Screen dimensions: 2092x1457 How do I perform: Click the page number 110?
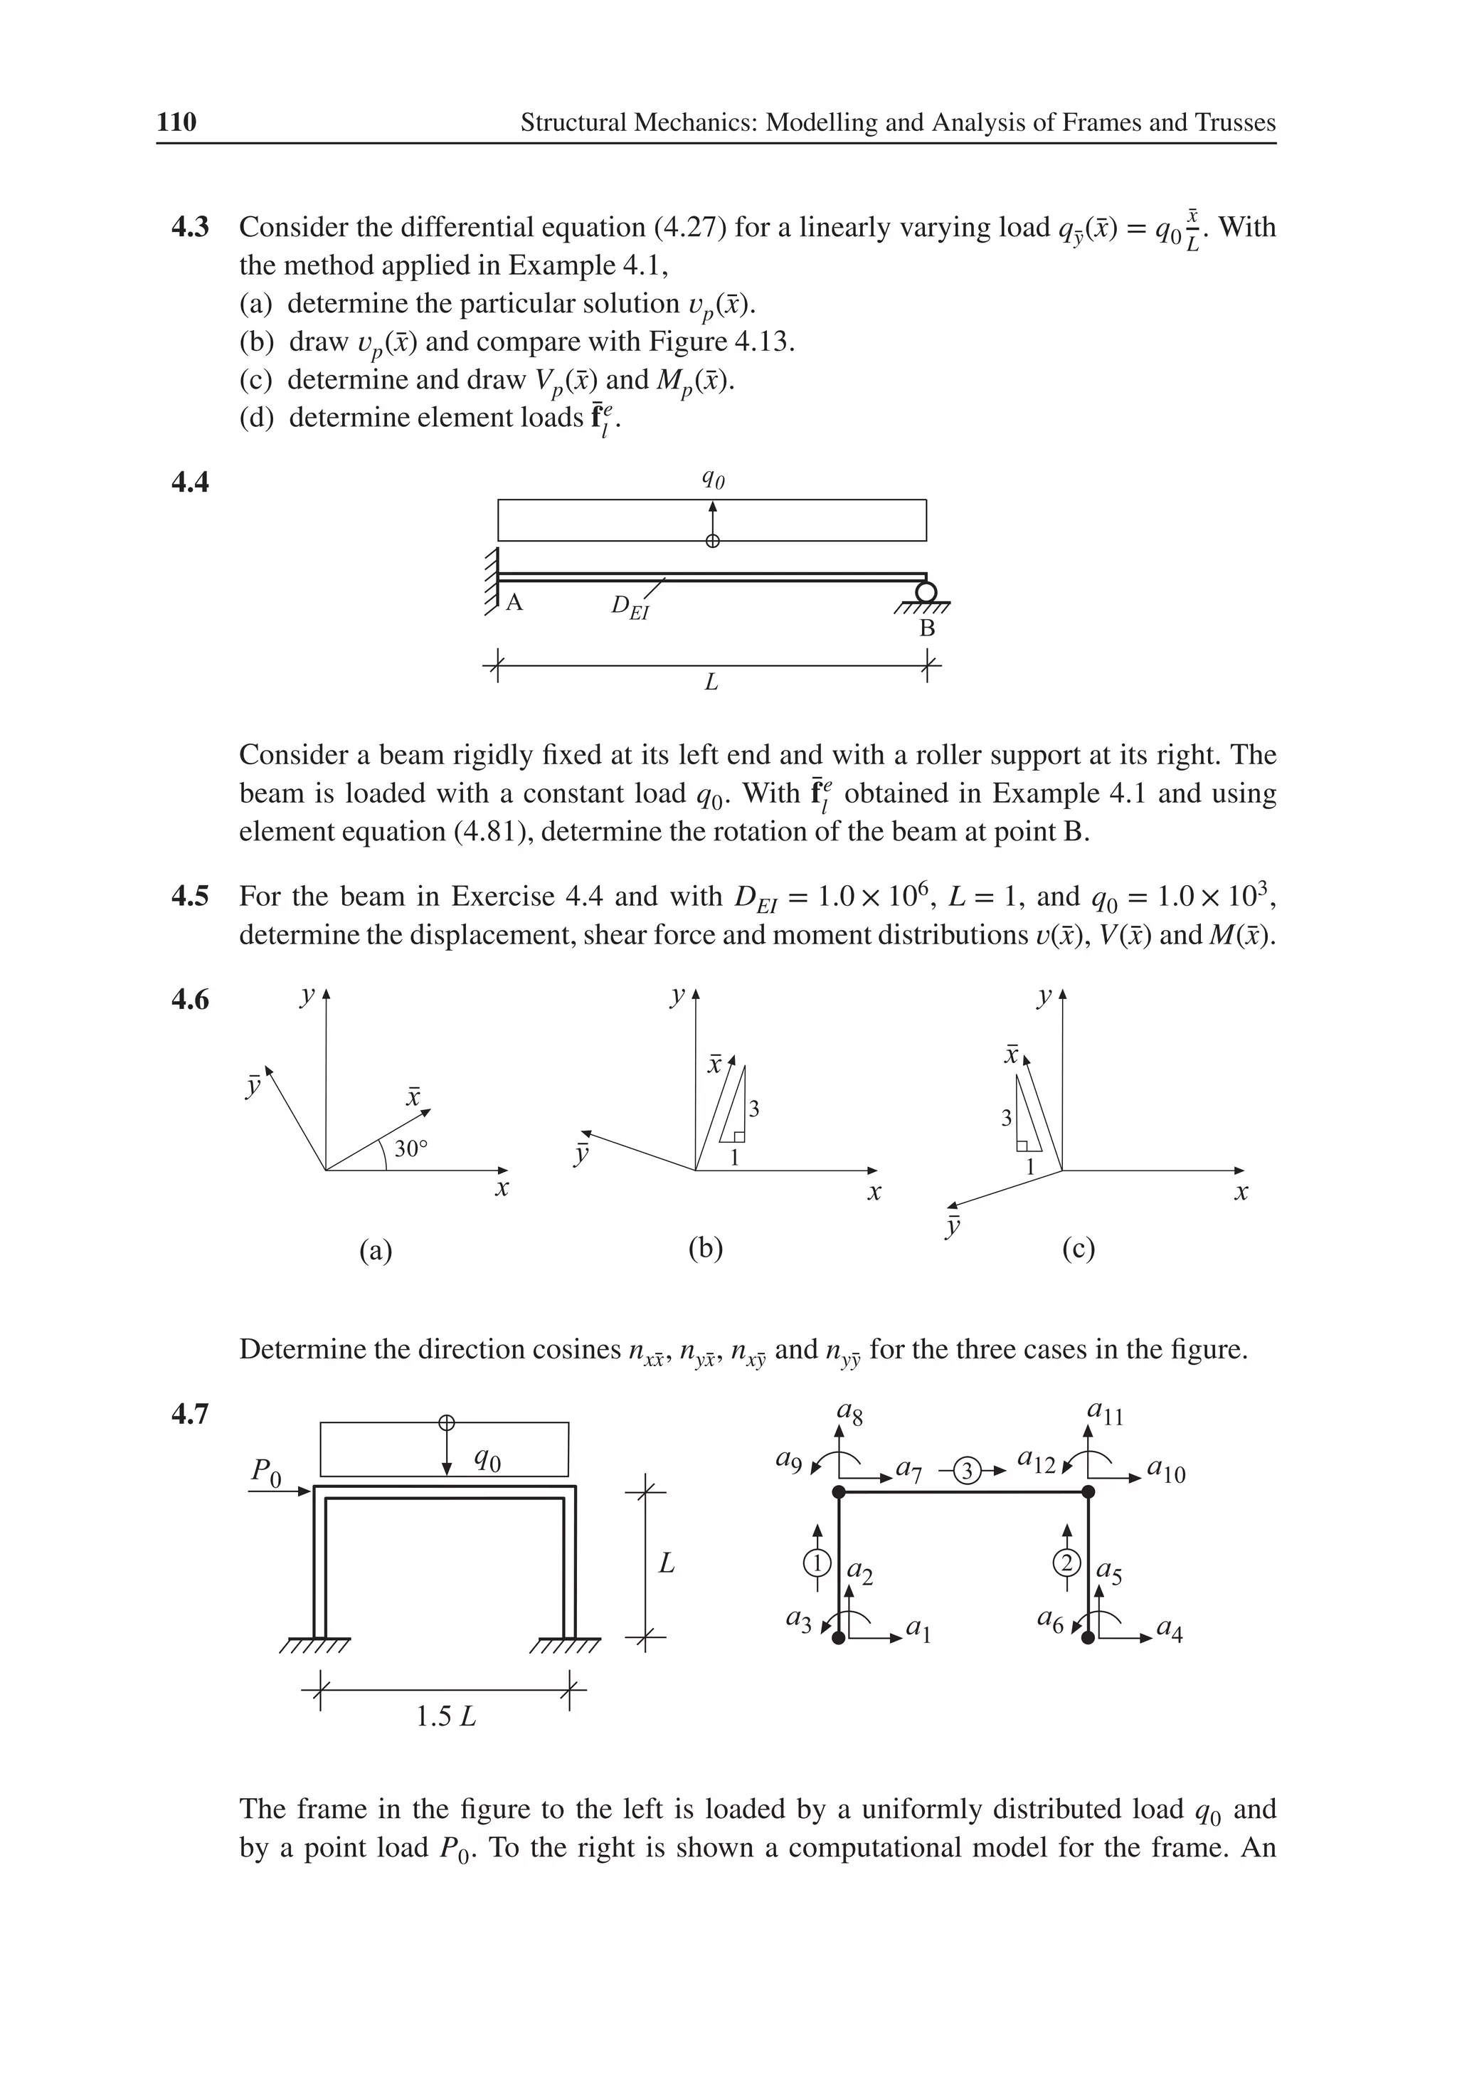coord(176,122)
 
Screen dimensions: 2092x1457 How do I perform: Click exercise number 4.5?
coord(189,897)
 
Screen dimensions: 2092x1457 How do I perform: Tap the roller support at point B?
coord(926,592)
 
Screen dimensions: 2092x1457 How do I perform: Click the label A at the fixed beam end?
coord(514,602)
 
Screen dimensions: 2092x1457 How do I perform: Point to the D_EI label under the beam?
coord(630,607)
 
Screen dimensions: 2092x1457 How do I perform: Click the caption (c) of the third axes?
coord(1078,1247)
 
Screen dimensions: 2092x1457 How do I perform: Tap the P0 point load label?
coord(266,1469)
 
